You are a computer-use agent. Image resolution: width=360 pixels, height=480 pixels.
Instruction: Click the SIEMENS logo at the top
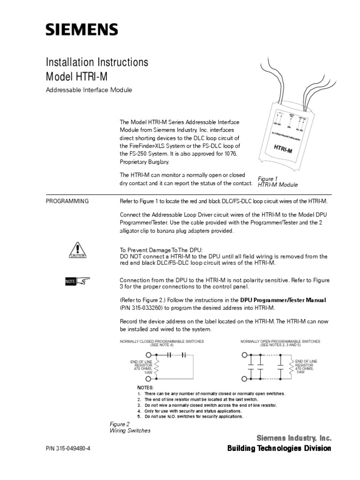(x=82, y=30)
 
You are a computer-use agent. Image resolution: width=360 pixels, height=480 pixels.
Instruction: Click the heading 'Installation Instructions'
(x=97, y=62)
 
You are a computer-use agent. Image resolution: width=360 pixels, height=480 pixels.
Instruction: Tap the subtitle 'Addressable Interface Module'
(x=89, y=90)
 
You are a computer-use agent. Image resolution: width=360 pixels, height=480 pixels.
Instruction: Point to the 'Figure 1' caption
(x=268, y=179)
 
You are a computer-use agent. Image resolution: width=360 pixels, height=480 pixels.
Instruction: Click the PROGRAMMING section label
(x=67, y=201)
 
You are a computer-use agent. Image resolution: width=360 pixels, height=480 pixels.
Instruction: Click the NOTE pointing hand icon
(x=77, y=281)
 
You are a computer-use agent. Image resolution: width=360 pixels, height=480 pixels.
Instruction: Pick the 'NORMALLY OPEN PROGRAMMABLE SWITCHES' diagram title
(x=280, y=341)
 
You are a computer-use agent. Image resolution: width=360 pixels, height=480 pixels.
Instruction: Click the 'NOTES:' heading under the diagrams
(x=145, y=388)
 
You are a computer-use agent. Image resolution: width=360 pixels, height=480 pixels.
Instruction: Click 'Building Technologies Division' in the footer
(x=279, y=449)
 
